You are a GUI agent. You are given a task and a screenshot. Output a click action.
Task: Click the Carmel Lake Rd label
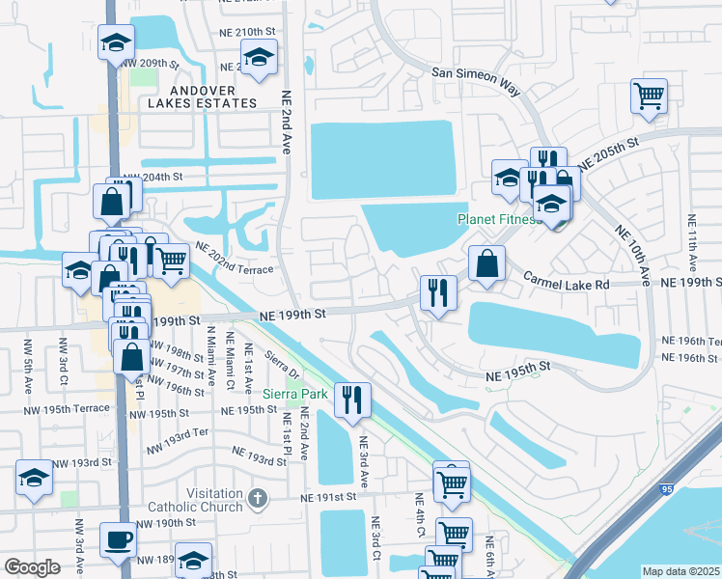coord(568,284)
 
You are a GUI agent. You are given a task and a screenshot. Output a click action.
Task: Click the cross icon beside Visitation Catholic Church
coord(256,499)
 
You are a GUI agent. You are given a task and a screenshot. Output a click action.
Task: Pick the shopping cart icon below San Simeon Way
coord(649,96)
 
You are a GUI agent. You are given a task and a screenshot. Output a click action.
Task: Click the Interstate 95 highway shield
coord(668,489)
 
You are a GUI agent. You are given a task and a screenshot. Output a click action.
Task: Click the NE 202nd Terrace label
coord(235,259)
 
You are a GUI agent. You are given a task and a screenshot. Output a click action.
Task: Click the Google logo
coord(32,567)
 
